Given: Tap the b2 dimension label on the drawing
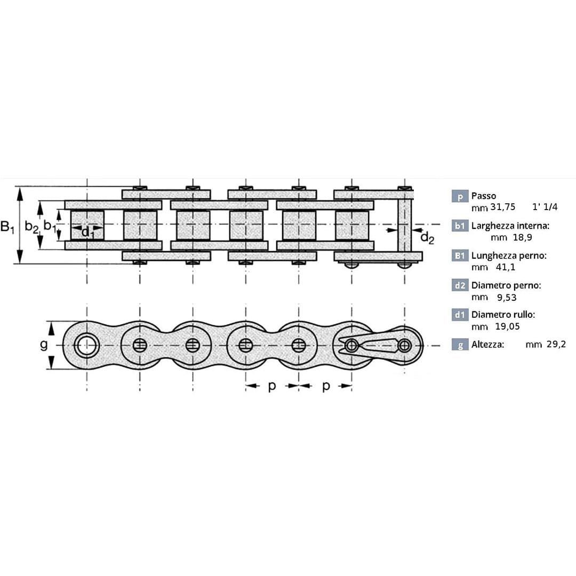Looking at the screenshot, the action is click(31, 227).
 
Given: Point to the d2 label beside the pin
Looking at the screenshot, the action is click(427, 238).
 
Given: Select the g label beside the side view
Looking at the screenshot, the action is click(43, 345).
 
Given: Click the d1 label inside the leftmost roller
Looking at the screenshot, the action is click(87, 232).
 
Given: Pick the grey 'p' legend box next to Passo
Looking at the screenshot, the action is click(460, 196).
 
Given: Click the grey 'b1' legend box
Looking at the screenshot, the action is click(460, 226).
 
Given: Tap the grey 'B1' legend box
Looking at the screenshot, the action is click(460, 255).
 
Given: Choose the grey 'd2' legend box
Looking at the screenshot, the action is click(460, 285).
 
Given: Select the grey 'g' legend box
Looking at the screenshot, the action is click(460, 345).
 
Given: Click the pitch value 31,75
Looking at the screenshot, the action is click(503, 207).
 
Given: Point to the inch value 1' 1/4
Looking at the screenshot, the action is click(545, 207).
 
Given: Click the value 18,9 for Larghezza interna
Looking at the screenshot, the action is click(522, 237).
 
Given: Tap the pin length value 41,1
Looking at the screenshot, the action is click(506, 267).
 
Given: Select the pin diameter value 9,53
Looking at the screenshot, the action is click(507, 297).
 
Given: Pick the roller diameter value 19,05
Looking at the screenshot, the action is click(507, 326).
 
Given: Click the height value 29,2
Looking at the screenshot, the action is click(556, 345).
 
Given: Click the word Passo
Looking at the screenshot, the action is click(483, 196).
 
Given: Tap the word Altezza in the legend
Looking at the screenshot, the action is click(487, 345).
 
